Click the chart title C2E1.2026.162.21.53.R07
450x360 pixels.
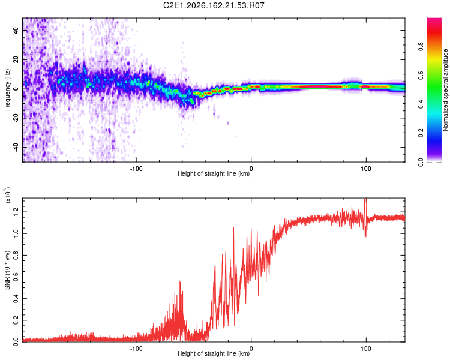point(214,5)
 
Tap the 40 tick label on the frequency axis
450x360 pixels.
point(16,30)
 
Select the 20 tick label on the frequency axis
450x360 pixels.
point(16,59)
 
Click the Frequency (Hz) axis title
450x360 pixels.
point(7,90)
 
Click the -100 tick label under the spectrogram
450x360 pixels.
point(136,169)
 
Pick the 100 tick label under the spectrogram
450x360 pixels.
point(366,169)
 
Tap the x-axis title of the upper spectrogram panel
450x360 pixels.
point(214,173)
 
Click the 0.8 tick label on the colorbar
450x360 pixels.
point(421,47)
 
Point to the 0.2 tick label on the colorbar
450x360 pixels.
point(421,133)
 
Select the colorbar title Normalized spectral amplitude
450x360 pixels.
point(445,90)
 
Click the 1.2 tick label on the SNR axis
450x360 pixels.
point(16,212)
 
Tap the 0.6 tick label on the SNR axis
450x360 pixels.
point(16,277)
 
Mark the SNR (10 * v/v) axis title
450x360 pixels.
point(7,270)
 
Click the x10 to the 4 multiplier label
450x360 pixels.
point(7,195)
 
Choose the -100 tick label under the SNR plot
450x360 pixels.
point(136,349)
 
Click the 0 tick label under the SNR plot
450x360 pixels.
point(251,349)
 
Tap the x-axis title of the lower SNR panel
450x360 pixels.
point(214,353)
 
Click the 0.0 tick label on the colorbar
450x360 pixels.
point(421,162)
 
